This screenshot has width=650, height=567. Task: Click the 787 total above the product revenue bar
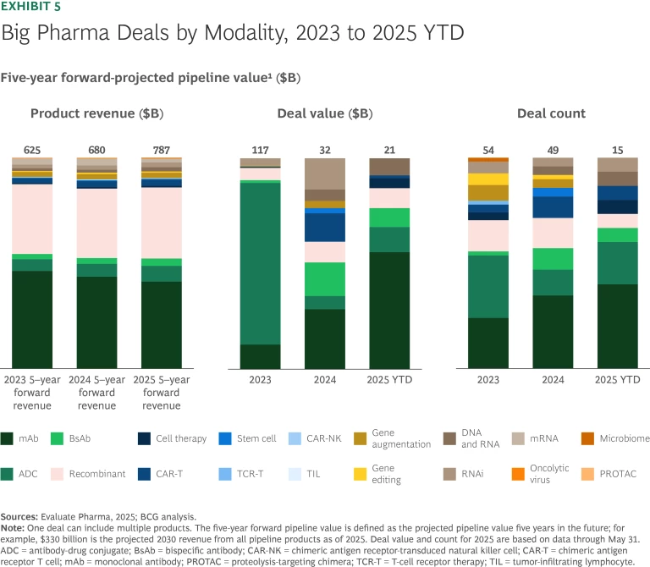(x=161, y=151)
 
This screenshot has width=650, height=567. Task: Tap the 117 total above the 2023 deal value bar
(x=260, y=151)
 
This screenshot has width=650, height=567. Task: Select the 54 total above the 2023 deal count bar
(x=487, y=151)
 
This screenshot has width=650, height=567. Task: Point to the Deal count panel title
(x=551, y=113)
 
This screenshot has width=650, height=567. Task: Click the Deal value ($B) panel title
(x=324, y=113)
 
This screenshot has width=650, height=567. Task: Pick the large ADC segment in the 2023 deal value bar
(x=260, y=262)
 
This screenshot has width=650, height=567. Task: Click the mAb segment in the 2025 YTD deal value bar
(x=389, y=310)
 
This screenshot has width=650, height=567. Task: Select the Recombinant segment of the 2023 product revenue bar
(x=32, y=218)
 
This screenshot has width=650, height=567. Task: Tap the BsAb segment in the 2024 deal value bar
(x=324, y=278)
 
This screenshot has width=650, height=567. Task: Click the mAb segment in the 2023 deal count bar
(x=487, y=343)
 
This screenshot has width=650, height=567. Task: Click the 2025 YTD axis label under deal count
(x=617, y=380)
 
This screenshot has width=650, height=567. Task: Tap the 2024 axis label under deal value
(x=324, y=380)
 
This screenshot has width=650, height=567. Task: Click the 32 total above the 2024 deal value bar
(x=324, y=151)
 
